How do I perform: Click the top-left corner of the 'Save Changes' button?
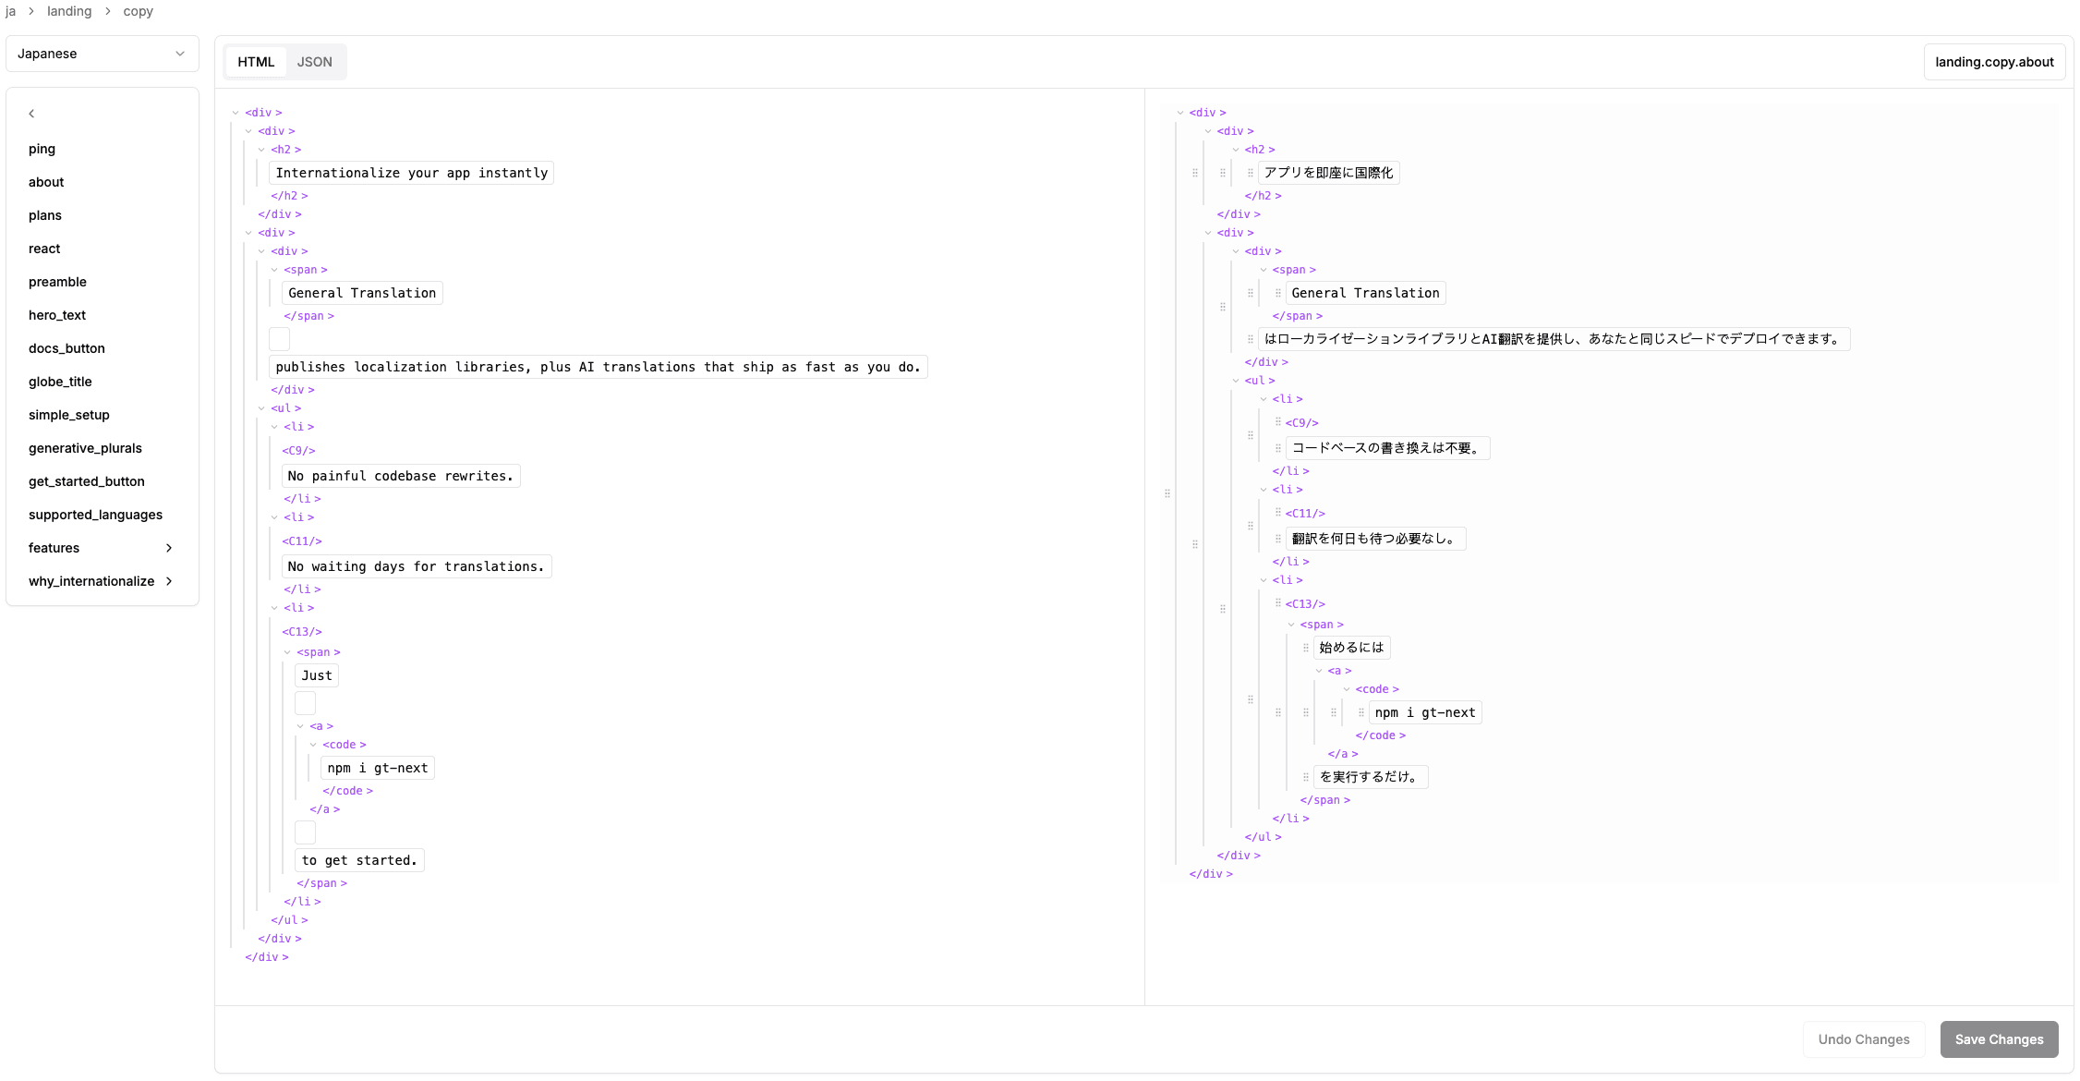click(1941, 1021)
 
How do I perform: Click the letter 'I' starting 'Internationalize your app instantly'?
click(280, 173)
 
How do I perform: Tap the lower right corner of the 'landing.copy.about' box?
click(2066, 80)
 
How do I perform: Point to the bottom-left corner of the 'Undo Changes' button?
click(1804, 1058)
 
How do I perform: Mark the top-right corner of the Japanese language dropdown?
click(199, 36)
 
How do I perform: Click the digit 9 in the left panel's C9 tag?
click(297, 451)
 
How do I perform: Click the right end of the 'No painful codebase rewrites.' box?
click(520, 476)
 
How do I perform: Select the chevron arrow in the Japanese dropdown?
click(180, 54)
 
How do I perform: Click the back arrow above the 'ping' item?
click(31, 114)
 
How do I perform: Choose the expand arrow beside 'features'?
click(169, 548)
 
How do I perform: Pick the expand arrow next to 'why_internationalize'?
click(169, 581)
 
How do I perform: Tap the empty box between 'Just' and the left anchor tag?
click(306, 703)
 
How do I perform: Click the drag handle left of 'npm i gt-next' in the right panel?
click(1360, 712)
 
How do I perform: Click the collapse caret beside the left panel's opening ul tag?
click(262, 408)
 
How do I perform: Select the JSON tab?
click(314, 62)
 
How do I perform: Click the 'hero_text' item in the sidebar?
click(57, 315)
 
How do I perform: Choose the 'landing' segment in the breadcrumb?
click(69, 11)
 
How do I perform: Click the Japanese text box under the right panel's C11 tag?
click(1375, 539)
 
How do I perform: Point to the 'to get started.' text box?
click(359, 860)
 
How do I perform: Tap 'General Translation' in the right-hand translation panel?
click(1365, 293)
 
